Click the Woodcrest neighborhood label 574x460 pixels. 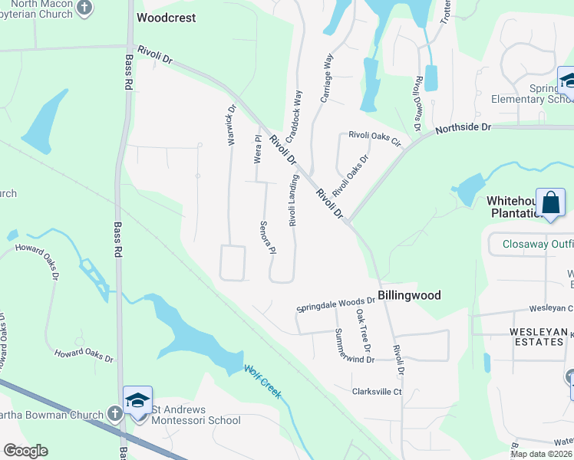[166, 18]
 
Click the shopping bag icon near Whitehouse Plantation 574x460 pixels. [550, 204]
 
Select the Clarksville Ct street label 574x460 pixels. [377, 392]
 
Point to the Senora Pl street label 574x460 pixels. [266, 238]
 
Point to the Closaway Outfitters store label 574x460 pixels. [538, 245]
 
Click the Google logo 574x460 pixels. [25, 451]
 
